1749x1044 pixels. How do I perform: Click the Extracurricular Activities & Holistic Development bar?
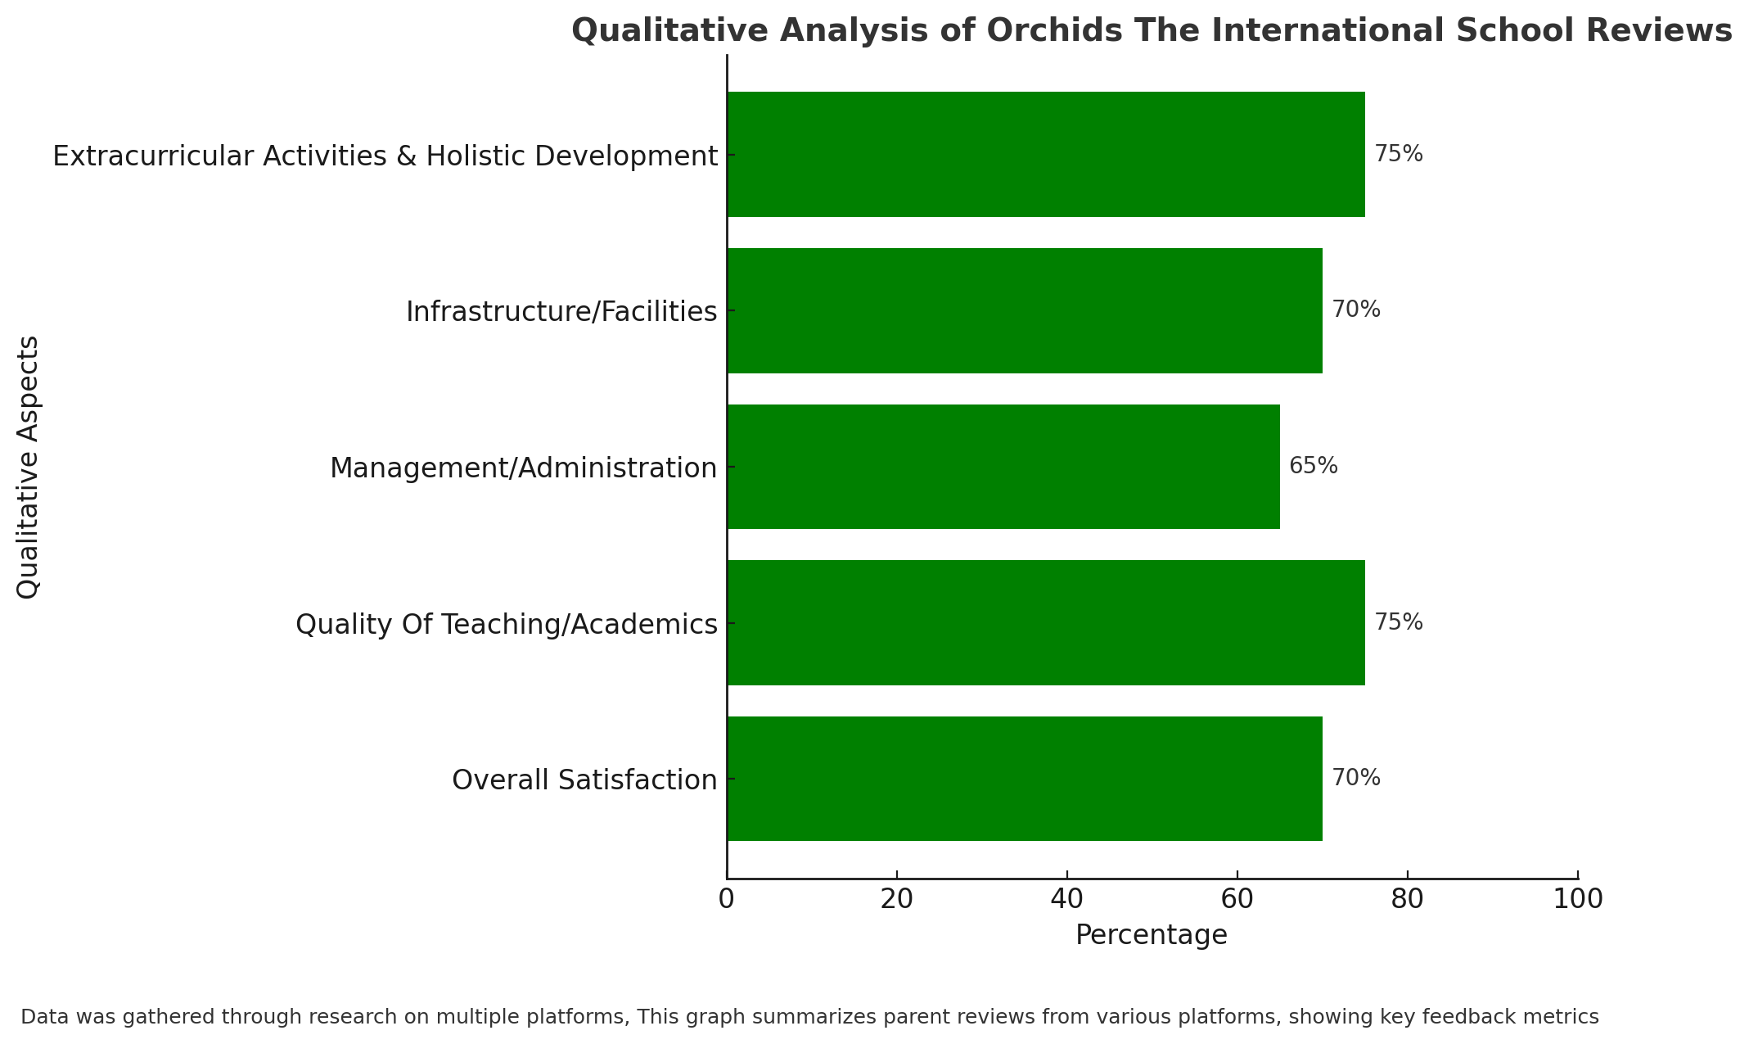click(x=1046, y=154)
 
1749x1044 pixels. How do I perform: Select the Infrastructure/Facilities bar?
click(x=1025, y=310)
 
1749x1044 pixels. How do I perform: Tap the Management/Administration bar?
click(x=1003, y=467)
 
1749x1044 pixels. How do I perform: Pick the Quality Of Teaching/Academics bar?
click(x=1046, y=622)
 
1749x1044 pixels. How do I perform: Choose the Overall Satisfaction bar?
click(x=1025, y=779)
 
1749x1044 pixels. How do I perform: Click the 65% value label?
click(x=1314, y=466)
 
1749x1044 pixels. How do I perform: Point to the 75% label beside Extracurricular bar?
click(x=1399, y=154)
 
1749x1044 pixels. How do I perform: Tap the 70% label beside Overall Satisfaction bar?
click(x=1356, y=778)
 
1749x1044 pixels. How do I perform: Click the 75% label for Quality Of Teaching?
click(x=1399, y=622)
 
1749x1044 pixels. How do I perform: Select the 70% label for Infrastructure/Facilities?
click(x=1356, y=310)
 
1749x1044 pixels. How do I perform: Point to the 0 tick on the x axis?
click(x=726, y=899)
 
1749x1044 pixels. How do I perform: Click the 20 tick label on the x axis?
click(x=897, y=899)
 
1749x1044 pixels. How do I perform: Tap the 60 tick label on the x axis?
click(x=1237, y=899)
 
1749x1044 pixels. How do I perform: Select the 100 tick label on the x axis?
click(x=1578, y=899)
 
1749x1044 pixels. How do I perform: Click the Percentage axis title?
click(x=1152, y=935)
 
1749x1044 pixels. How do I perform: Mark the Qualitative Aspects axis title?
click(x=28, y=467)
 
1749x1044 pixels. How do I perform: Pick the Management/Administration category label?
click(x=524, y=468)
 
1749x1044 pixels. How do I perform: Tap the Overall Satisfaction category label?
click(x=584, y=780)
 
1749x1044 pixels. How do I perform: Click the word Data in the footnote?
click(x=39, y=1017)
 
